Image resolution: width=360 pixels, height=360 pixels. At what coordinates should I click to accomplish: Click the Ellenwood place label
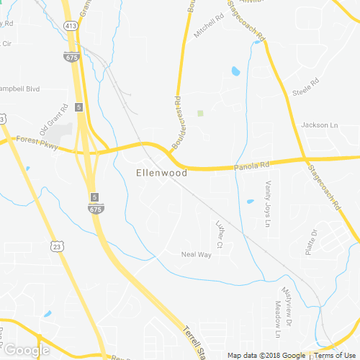(x=161, y=173)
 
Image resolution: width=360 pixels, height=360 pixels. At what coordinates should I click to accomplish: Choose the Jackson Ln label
(x=319, y=125)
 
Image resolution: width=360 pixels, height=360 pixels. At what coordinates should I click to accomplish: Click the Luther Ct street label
(x=220, y=235)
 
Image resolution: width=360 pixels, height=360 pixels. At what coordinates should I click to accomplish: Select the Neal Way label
(x=197, y=254)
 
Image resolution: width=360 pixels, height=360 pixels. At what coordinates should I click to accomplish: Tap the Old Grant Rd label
(x=54, y=120)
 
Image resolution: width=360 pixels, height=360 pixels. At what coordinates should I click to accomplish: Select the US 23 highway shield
(x=57, y=246)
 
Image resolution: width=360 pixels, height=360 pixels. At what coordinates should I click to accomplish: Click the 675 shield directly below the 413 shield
(x=71, y=56)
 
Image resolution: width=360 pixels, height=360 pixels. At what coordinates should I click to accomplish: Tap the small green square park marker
(x=201, y=113)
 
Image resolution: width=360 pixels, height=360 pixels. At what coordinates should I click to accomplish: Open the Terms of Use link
(x=333, y=355)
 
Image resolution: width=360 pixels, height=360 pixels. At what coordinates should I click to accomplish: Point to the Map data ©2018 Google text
(x=266, y=355)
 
